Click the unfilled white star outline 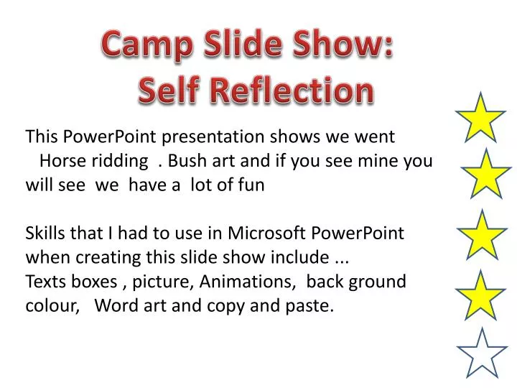coord(482,352)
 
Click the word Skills coord(46,234)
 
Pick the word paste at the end coord(312,306)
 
